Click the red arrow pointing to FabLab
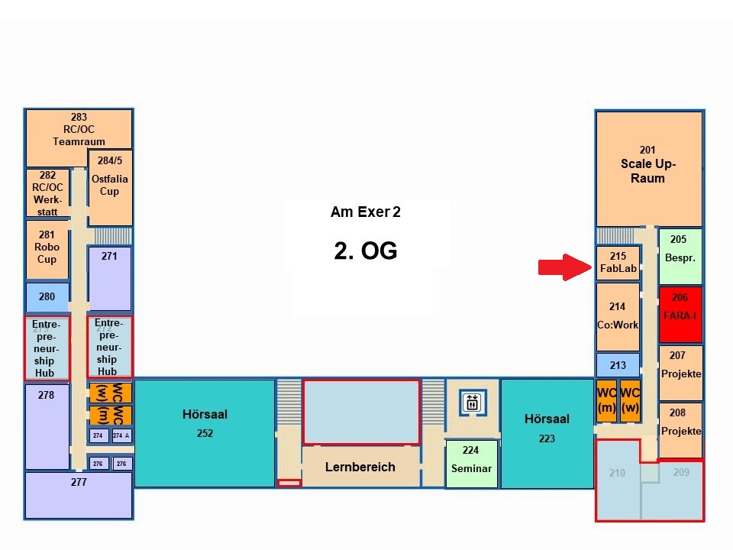point(563,267)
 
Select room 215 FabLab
point(618,263)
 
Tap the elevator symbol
point(471,401)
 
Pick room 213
point(618,365)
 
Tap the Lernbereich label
point(360,467)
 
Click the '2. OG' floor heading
point(366,251)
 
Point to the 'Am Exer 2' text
point(365,212)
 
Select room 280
point(47,297)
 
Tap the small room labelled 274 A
point(121,435)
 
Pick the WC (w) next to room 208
point(630,400)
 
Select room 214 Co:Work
point(618,316)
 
